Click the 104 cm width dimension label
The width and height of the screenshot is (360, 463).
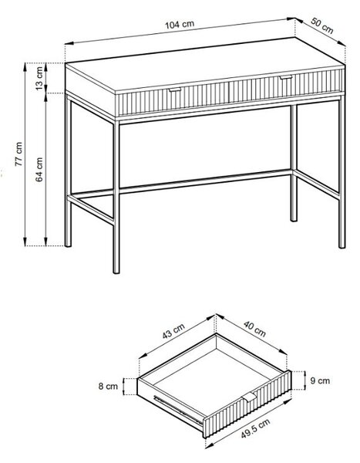(x=180, y=25)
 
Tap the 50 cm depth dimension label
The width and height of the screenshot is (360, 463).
(x=322, y=25)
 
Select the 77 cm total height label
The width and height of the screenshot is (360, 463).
(x=19, y=154)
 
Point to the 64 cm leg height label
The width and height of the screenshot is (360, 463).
(x=39, y=169)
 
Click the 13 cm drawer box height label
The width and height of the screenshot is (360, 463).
(x=39, y=79)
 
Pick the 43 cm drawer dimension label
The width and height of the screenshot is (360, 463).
(x=173, y=331)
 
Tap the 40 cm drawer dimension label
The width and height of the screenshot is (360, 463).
(x=254, y=329)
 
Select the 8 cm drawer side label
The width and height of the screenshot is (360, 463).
(x=108, y=387)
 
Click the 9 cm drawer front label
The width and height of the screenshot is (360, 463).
(x=320, y=380)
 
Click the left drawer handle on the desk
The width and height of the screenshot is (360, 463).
(x=175, y=90)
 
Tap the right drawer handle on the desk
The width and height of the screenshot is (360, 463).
(x=286, y=77)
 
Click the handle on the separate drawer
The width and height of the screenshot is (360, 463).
(x=250, y=397)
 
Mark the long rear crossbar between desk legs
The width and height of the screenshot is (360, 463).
(x=205, y=181)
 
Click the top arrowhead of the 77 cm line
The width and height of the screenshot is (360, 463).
(x=25, y=67)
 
